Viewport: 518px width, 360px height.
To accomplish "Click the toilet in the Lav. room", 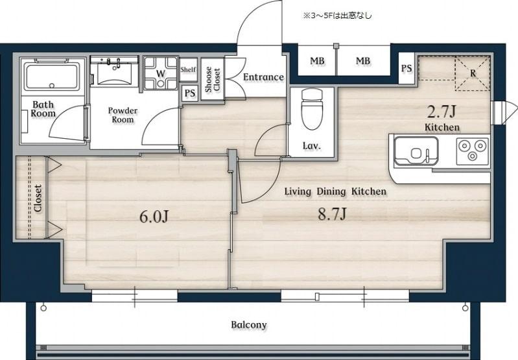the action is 312,108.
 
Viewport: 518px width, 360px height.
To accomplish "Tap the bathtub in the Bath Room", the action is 52,76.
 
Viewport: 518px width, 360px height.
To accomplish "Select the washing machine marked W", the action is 161,73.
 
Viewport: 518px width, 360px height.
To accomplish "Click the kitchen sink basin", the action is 416,150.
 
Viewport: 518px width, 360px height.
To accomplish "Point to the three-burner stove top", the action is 473,151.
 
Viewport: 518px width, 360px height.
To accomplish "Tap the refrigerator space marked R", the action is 473,73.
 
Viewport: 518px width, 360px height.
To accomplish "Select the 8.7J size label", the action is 332,214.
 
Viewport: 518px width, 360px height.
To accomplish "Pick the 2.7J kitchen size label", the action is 441,112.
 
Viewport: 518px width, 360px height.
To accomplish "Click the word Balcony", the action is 249,324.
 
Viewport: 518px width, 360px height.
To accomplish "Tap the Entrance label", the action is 263,77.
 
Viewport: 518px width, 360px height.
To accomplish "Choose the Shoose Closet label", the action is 213,80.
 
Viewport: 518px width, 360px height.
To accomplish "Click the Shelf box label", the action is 188,69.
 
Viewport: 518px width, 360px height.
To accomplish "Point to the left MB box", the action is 317,61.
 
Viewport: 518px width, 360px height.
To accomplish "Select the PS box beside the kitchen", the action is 406,68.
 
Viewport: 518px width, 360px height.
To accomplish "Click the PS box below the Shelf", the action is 190,93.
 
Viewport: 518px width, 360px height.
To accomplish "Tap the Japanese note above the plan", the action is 337,15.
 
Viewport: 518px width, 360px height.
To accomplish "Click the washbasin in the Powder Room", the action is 115,73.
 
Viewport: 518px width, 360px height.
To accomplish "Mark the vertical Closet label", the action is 38,198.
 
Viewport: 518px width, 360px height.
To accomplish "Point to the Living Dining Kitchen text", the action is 335,191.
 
